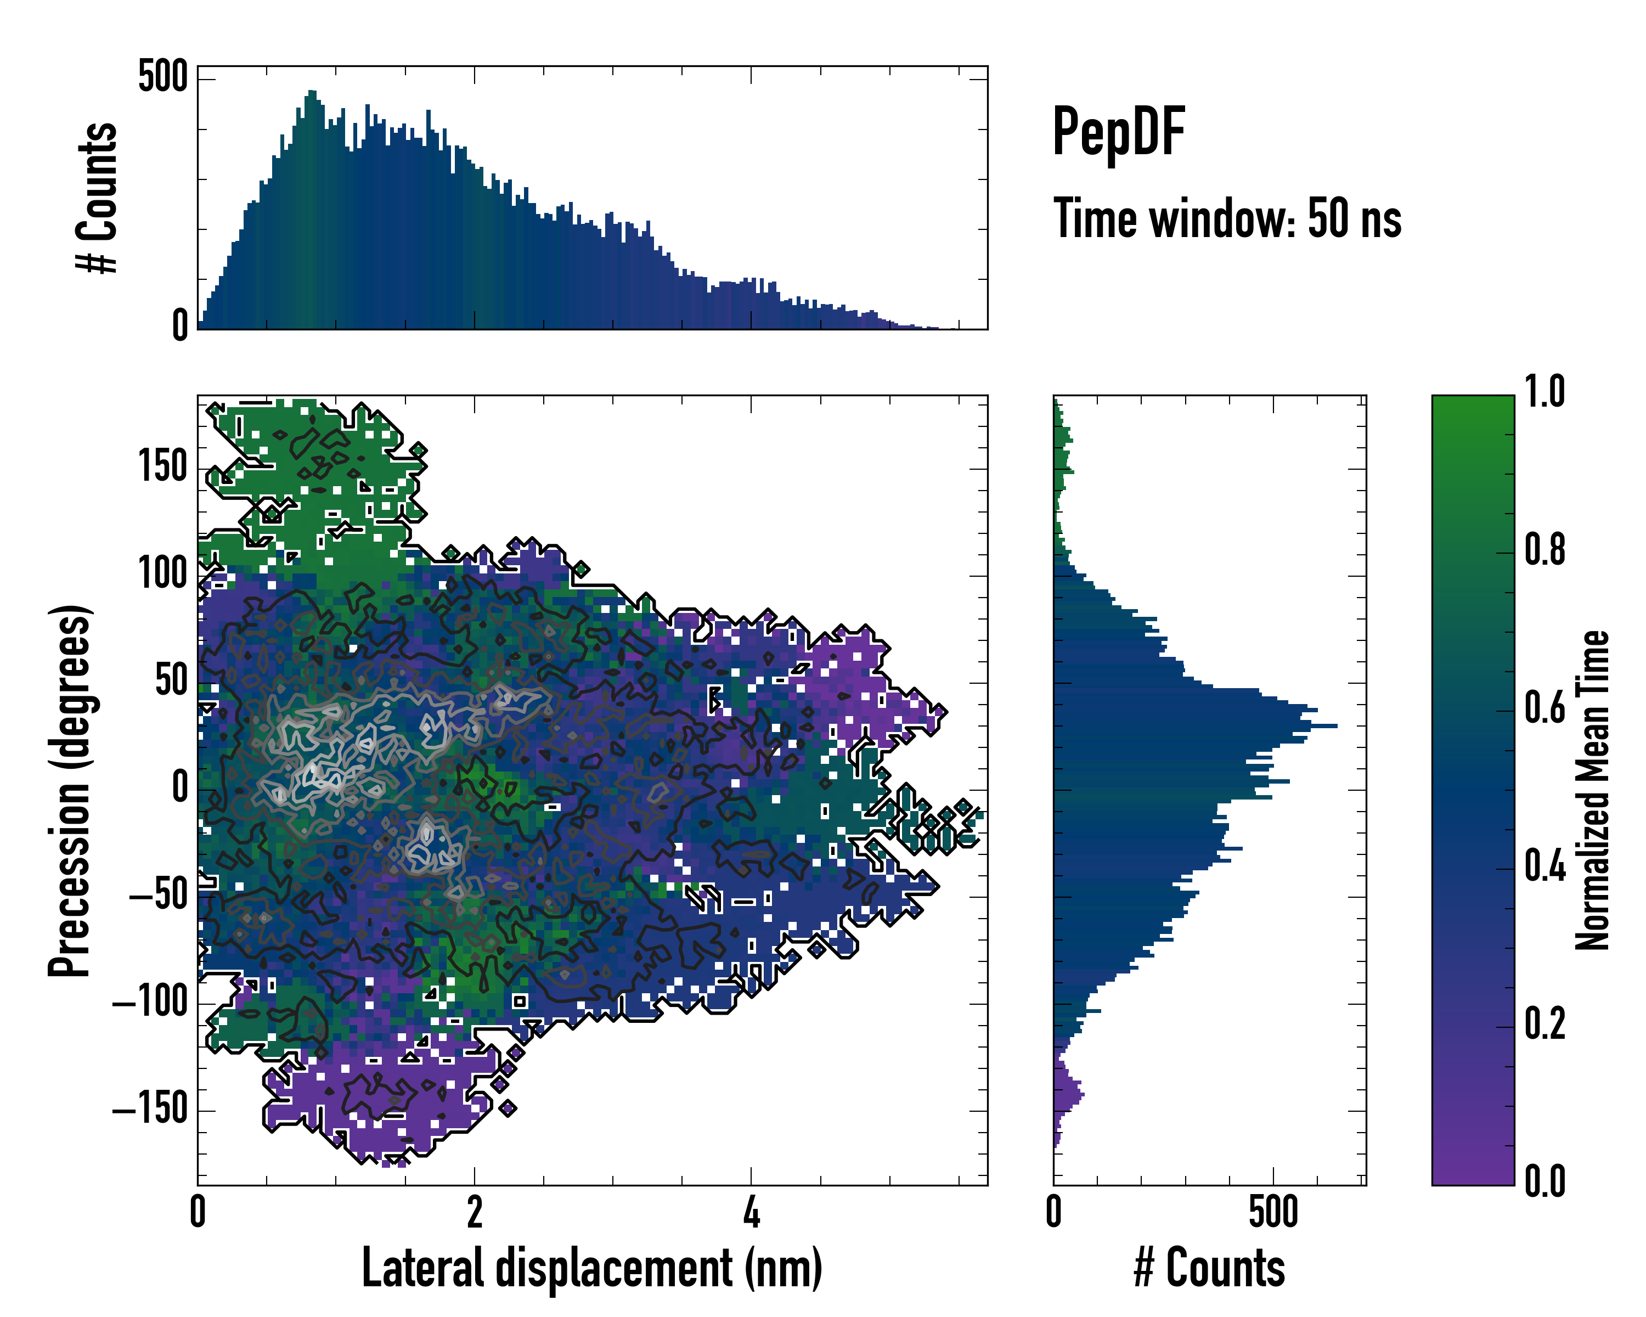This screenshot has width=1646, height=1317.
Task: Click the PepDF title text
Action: tap(1118, 132)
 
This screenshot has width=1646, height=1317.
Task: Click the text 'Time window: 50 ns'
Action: tap(1227, 219)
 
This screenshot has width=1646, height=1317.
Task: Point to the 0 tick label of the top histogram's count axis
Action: tap(179, 325)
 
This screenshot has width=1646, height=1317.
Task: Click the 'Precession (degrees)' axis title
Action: tap(70, 790)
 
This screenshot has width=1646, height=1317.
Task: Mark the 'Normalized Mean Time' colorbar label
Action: tap(1593, 790)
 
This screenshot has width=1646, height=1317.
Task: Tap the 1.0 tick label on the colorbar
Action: tap(1544, 392)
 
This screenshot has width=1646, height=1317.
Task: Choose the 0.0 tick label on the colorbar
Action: tap(1544, 1180)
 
